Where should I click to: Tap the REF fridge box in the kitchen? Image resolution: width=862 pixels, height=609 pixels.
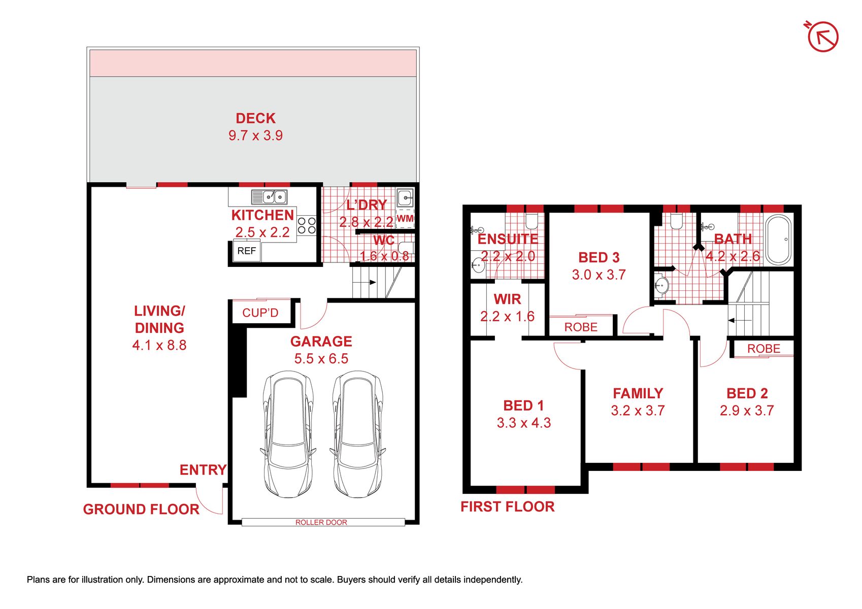pos(247,251)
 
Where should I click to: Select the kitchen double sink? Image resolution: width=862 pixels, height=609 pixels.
pos(270,196)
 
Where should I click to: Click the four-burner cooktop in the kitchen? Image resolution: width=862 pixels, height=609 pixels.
pos(307,225)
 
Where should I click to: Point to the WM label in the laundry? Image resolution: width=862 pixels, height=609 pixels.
pos(405,219)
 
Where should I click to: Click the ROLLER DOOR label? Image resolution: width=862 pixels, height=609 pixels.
pos(321,522)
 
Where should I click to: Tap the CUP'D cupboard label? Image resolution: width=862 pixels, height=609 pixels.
pos(260,313)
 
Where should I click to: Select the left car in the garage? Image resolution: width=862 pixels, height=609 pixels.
pos(288,433)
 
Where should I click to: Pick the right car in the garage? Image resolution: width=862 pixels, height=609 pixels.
pos(357,433)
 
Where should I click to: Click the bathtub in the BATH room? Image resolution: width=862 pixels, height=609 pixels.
pos(779,240)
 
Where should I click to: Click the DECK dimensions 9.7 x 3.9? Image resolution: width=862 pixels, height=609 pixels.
pos(255,136)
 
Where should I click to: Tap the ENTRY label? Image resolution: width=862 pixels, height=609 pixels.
pos(203,470)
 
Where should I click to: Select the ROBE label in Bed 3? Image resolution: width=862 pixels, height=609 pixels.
pos(581,327)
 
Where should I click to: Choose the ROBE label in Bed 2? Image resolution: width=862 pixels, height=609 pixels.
pos(764,349)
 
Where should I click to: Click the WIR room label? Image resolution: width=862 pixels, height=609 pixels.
pos(507,299)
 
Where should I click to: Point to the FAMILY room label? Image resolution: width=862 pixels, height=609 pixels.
pos(638,393)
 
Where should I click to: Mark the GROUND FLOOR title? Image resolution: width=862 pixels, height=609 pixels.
pos(141,510)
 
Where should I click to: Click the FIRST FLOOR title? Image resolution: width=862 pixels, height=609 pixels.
pos(508,506)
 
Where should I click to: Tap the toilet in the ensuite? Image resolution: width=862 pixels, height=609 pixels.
pos(532,221)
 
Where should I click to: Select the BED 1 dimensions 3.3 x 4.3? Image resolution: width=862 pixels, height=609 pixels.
pos(524,423)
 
